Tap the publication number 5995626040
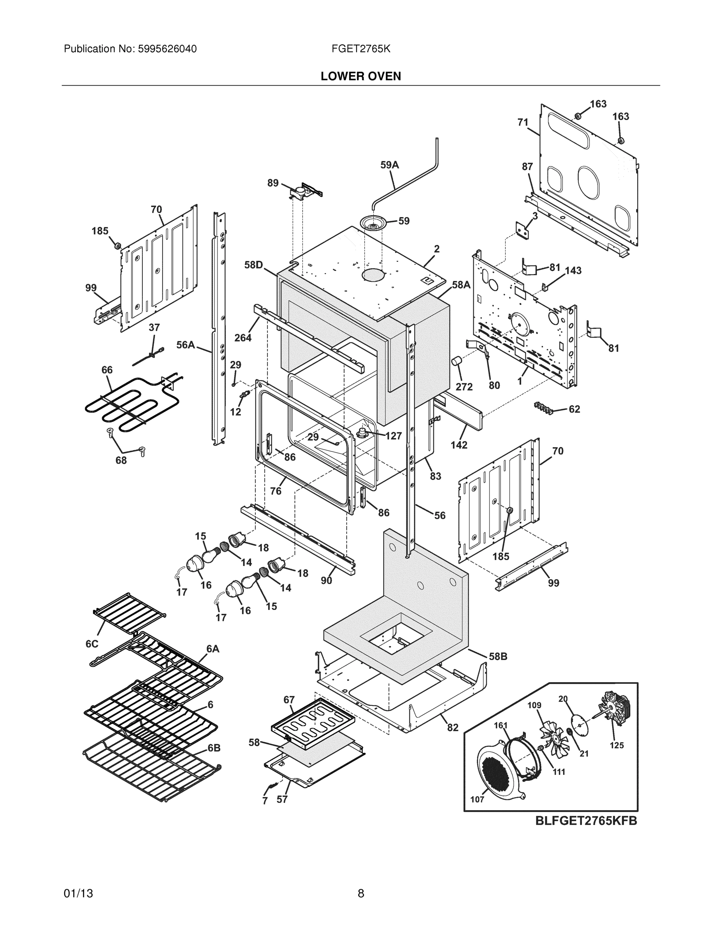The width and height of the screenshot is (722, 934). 167,49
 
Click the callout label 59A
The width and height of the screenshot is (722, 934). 389,165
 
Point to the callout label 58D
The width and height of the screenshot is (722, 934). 253,265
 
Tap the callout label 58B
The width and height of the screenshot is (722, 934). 498,656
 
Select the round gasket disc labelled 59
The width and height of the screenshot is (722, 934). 373,222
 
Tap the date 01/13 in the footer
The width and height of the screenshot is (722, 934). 78,894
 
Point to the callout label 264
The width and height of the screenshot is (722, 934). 242,338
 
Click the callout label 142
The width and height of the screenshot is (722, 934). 458,445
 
